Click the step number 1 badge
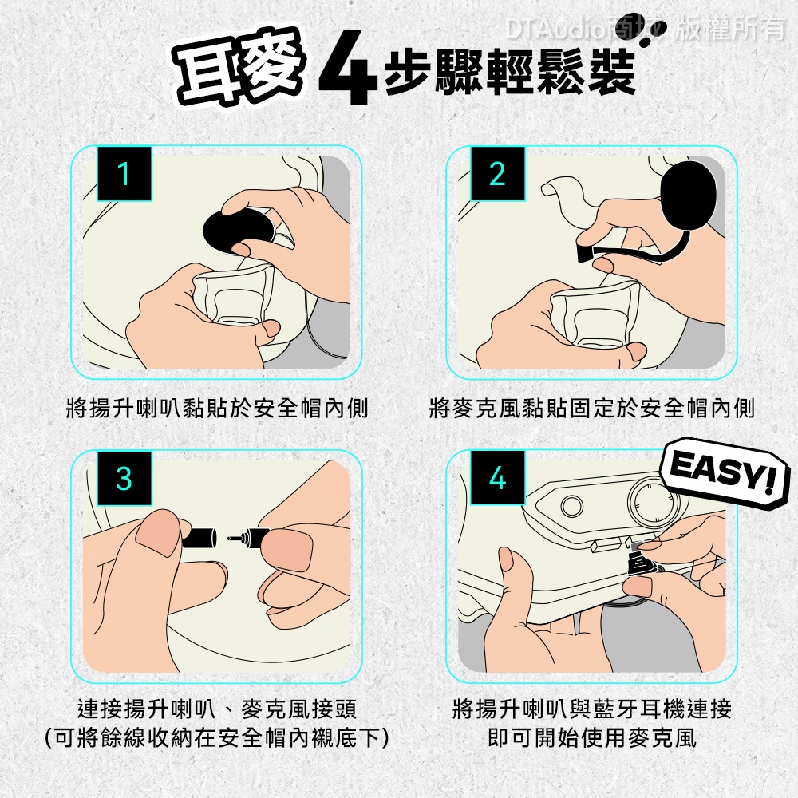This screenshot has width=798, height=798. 124,173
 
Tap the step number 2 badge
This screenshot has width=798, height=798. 497,173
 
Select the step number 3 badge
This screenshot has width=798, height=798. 124,478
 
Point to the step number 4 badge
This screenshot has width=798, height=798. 497,478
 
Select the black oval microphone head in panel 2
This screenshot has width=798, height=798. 688,196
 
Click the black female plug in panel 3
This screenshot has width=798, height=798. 199,538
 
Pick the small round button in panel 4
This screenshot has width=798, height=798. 572,506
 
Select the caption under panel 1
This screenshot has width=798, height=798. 217,408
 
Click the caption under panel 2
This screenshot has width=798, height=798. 591,408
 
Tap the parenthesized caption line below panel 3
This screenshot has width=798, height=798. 217,737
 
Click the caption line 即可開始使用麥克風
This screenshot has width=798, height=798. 591,737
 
